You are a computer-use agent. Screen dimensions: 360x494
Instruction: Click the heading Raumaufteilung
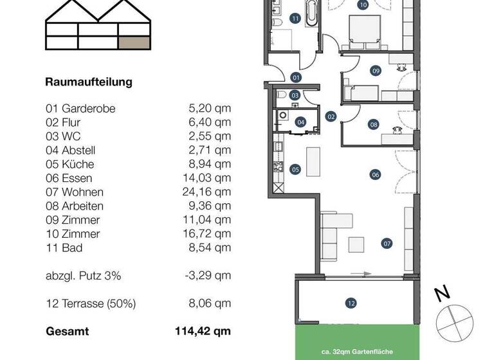point(89,82)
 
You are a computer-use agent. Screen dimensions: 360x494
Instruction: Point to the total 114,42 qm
point(203,332)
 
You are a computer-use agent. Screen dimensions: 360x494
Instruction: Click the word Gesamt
point(68,332)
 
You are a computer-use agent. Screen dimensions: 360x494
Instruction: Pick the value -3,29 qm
point(208,276)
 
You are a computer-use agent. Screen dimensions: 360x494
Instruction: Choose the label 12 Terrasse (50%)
point(91,304)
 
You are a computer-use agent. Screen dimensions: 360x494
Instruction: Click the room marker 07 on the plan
point(387,244)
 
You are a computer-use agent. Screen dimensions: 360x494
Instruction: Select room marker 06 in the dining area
point(376,174)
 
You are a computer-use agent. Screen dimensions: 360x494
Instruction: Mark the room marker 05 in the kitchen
point(295,170)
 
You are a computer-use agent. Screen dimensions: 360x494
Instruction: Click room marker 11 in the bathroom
point(295,19)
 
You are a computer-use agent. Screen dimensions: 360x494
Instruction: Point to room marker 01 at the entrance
point(297,77)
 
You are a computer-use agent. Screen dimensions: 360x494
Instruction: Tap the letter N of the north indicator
point(441,294)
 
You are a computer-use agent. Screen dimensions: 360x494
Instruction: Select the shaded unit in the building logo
point(135,42)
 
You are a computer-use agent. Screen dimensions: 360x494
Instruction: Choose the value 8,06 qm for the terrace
point(208,304)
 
